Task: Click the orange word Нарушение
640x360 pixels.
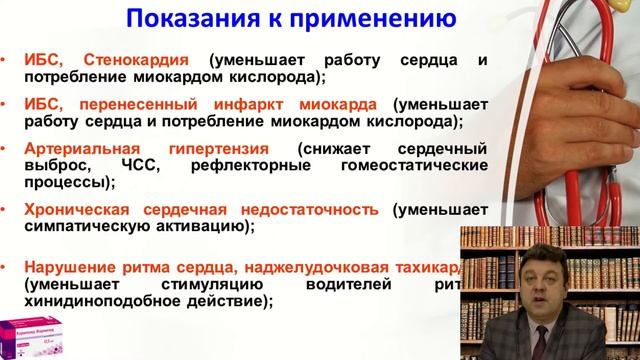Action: (73, 268)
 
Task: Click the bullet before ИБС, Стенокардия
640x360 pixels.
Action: (10, 59)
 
